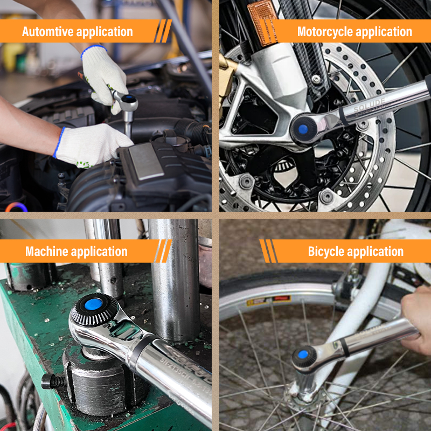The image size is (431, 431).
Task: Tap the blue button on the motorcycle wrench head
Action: coord(303,129)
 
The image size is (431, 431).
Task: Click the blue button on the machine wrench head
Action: coord(93,304)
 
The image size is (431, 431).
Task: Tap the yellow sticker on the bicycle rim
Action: coord(268,300)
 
